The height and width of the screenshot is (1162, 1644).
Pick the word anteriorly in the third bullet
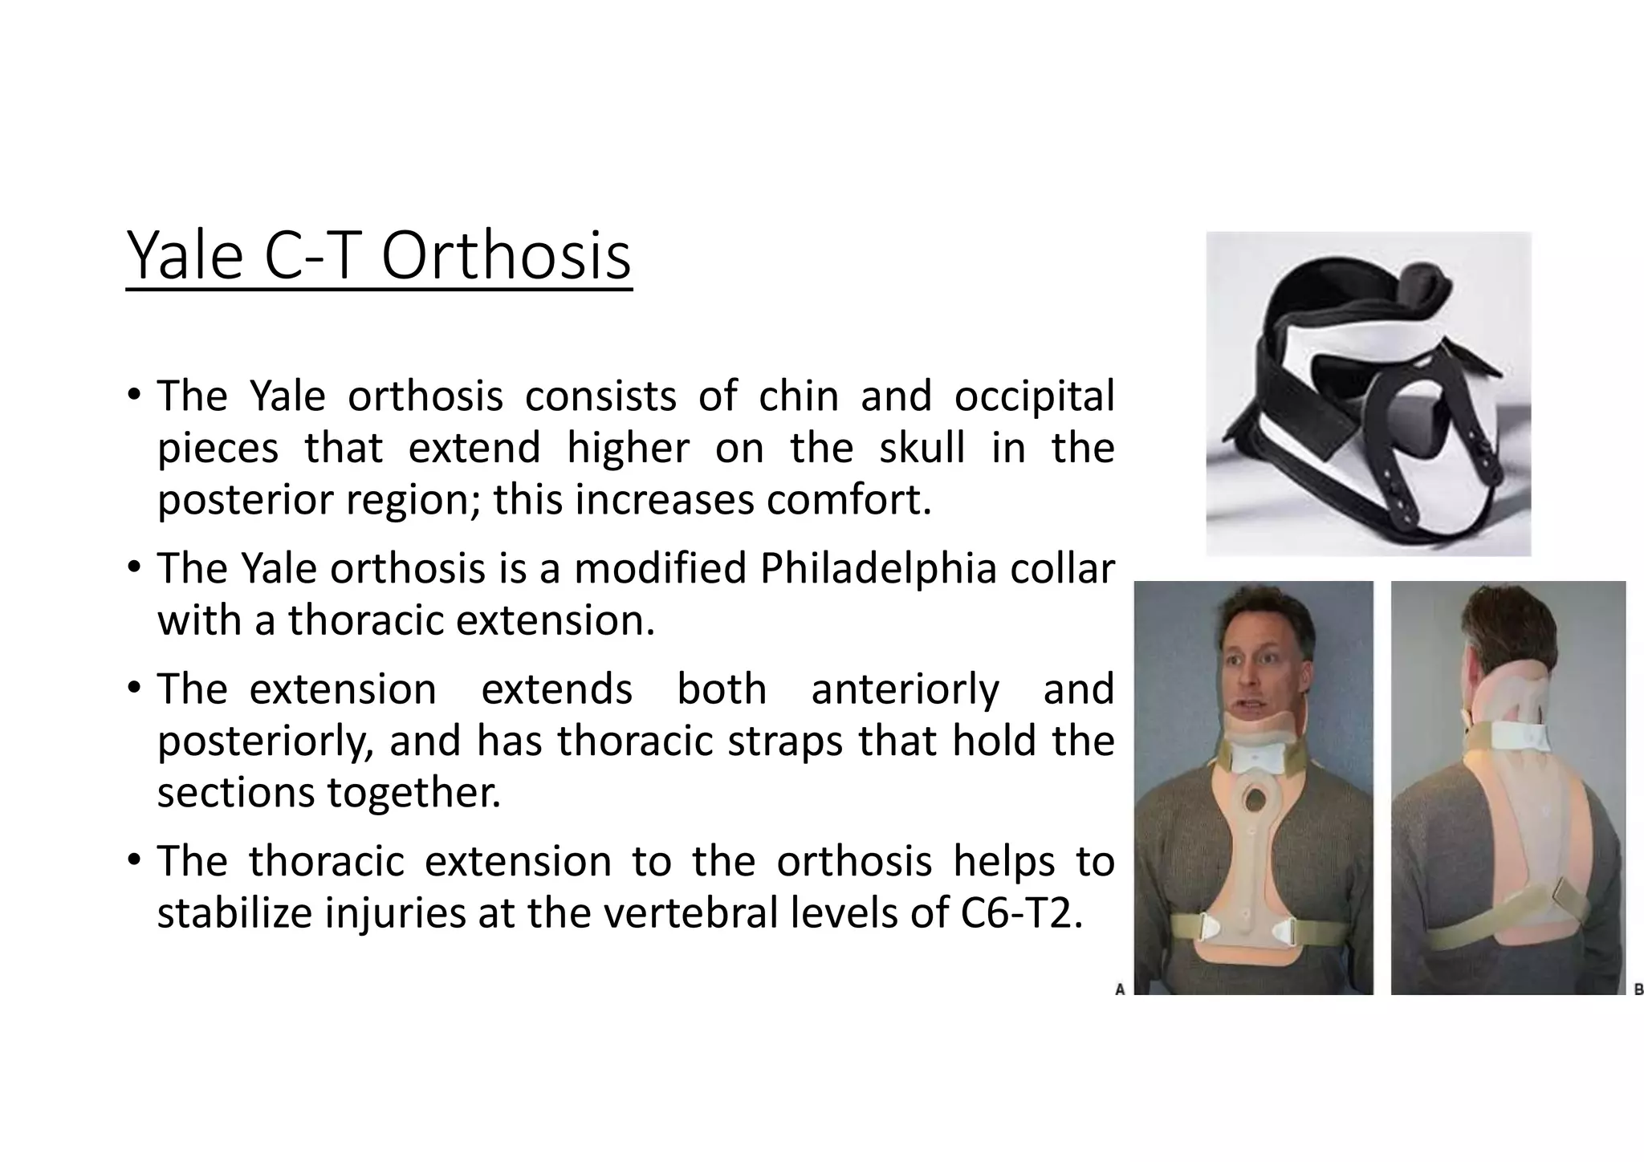(x=905, y=689)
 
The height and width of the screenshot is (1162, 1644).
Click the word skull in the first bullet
(x=922, y=447)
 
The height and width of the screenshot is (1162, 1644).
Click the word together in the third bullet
(x=413, y=792)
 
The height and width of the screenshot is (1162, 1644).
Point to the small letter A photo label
(x=1120, y=989)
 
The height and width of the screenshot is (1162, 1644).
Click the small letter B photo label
(x=1638, y=989)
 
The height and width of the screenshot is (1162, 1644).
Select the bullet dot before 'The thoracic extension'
(x=134, y=861)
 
